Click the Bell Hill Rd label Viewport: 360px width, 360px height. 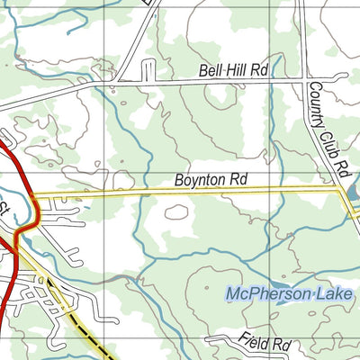[x=233, y=70]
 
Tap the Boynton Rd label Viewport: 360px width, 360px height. [x=211, y=181]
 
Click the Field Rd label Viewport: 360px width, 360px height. [x=266, y=344]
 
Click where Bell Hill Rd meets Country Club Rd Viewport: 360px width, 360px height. [x=301, y=79]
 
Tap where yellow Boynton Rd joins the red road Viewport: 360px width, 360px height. [x=31, y=193]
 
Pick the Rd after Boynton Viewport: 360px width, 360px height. [x=238, y=181]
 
